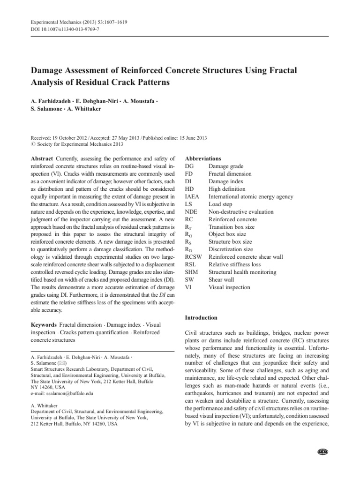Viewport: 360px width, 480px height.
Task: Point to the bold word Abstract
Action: pyautogui.click(x=42, y=159)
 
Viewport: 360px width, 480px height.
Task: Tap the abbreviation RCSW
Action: pyautogui.click(x=195, y=257)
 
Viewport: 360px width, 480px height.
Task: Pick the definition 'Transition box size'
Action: pyautogui.click(x=232, y=227)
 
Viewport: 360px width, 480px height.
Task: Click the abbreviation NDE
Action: pyautogui.click(x=192, y=212)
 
